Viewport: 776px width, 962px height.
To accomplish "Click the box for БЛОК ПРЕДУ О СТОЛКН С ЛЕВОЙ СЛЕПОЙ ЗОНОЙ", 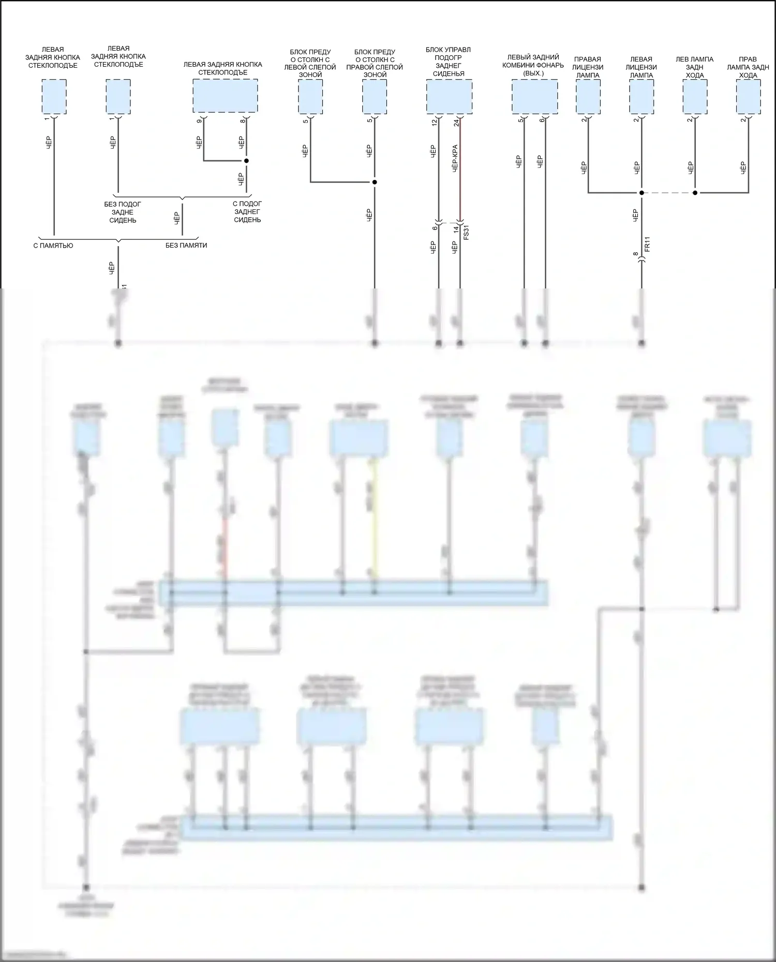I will pyautogui.click(x=310, y=97).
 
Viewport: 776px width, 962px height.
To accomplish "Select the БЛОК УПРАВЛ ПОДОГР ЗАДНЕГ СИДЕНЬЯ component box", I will pyautogui.click(x=449, y=97).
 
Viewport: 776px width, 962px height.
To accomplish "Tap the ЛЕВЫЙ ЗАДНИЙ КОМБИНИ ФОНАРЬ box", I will pyautogui.click(x=534, y=97).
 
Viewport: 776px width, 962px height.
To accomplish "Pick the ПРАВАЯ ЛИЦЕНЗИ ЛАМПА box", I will pyautogui.click(x=588, y=97).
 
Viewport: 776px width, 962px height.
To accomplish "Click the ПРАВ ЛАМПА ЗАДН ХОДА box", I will pyautogui.click(x=748, y=97).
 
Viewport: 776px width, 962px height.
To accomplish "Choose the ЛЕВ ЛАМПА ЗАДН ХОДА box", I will pyautogui.click(x=695, y=97).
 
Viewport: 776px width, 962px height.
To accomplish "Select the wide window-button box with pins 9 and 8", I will pyautogui.click(x=225, y=96).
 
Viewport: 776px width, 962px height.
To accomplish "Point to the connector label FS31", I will pyautogui.click(x=466, y=232).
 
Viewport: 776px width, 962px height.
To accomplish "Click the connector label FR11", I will pyautogui.click(x=647, y=244).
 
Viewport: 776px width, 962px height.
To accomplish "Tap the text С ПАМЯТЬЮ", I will pyautogui.click(x=53, y=246).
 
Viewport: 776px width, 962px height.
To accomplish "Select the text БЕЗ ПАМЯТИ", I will pyautogui.click(x=186, y=246).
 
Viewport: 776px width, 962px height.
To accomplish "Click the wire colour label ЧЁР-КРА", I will pyautogui.click(x=455, y=158).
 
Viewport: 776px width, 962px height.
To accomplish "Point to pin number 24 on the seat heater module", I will pyautogui.click(x=456, y=123).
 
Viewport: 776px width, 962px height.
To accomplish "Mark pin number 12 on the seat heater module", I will pyautogui.click(x=435, y=123).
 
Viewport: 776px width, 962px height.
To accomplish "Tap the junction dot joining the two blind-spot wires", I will pyautogui.click(x=375, y=182).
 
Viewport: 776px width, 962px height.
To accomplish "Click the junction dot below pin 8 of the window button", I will pyautogui.click(x=246, y=161).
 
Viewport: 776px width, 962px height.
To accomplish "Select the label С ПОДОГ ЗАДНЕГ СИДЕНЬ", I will pyautogui.click(x=247, y=212).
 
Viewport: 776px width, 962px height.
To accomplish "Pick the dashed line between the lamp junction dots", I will pyautogui.click(x=668, y=193).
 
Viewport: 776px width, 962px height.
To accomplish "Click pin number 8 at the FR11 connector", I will pyautogui.click(x=636, y=254).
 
